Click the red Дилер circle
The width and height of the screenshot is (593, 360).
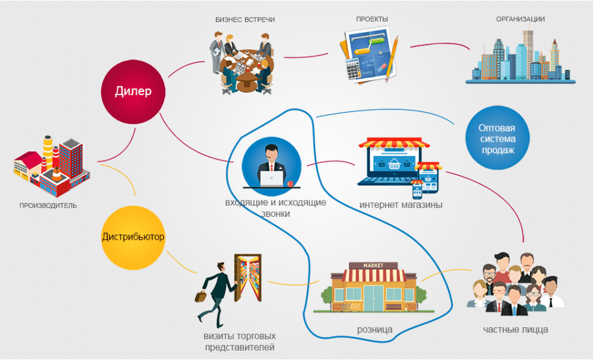coord(133,91)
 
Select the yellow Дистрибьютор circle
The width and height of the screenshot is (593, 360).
coord(133,237)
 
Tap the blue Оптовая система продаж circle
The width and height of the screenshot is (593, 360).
coord(497,139)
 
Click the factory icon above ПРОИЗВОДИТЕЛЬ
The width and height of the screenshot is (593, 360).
coord(50,165)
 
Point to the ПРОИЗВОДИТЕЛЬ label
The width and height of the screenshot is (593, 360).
coord(48,206)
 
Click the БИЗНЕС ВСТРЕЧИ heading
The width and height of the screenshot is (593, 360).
coord(245,20)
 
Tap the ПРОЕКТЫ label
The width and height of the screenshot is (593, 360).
coord(372,20)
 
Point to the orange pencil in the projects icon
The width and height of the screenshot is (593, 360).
coord(391,57)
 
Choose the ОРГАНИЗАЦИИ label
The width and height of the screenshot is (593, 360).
coord(520,20)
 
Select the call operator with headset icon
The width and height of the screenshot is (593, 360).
coord(271,165)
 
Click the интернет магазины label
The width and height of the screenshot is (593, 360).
coord(401,206)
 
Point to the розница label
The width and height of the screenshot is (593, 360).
coord(375,330)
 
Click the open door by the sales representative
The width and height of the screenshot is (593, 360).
coord(247,278)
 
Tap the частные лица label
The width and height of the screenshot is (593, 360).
coord(515,330)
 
